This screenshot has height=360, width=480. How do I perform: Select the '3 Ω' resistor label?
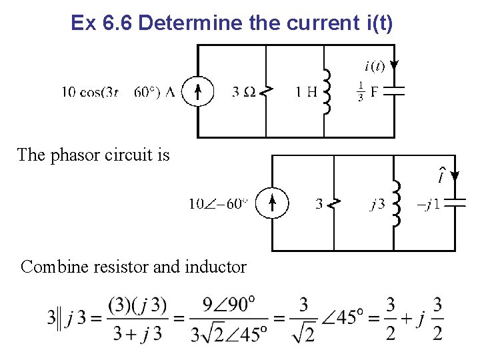click(x=244, y=92)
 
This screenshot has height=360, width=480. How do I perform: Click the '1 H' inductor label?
click(x=306, y=92)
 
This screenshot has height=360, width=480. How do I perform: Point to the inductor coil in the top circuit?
click(x=327, y=92)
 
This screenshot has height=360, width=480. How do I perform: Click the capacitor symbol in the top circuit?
click(x=395, y=92)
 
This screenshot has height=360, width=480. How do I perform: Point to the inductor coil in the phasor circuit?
click(x=396, y=203)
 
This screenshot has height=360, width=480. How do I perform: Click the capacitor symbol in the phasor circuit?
click(x=455, y=203)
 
